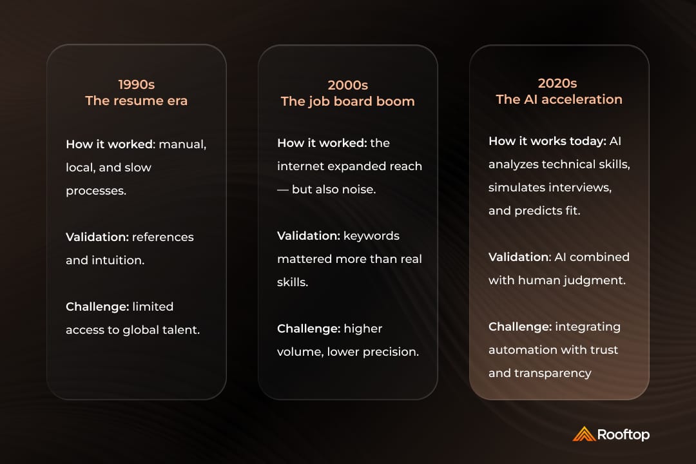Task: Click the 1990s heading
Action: (137, 84)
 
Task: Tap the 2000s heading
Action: (347, 85)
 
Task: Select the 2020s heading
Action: (559, 83)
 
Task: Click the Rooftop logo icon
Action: (583, 434)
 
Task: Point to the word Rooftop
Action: (623, 434)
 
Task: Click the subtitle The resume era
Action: (137, 101)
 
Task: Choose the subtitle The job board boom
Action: (347, 101)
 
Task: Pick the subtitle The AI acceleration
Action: (559, 99)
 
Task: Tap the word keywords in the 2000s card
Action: (372, 236)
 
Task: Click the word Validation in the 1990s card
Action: (97, 237)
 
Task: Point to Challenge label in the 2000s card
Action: (309, 329)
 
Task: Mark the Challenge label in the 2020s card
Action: (520, 327)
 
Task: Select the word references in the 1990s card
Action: (162, 237)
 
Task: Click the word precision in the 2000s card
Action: (392, 352)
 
